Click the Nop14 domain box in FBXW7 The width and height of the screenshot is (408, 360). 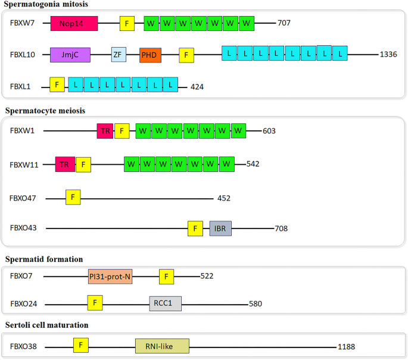tap(74, 24)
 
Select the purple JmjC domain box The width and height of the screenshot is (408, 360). tap(70, 55)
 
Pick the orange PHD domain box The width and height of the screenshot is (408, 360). tap(150, 55)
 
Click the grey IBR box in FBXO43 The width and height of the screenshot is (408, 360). tap(220, 228)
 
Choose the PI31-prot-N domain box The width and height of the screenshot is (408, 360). tap(110, 276)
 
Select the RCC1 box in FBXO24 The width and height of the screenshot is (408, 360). tap(165, 303)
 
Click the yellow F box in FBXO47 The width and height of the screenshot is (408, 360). tap(73, 197)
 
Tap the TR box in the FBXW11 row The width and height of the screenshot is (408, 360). tap(65, 164)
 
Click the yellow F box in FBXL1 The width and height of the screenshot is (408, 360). tap(57, 85)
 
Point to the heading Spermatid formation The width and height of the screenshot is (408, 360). tap(44, 259)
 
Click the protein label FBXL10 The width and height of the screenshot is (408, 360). tap(23, 55)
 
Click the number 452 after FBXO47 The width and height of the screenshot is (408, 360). tap(223, 198)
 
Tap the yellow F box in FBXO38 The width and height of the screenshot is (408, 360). tap(81, 345)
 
